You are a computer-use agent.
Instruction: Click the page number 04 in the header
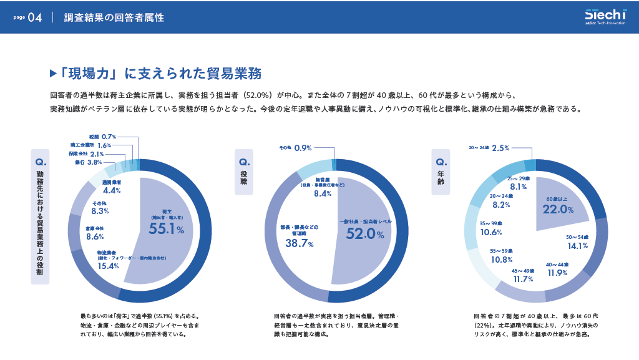[35, 18]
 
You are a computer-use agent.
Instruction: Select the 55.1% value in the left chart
[166, 230]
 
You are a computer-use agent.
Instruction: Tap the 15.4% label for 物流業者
[108, 266]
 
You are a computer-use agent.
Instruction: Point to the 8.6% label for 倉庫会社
[95, 237]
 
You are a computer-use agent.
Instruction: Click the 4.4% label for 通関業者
[112, 190]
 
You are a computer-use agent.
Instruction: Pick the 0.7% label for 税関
[109, 136]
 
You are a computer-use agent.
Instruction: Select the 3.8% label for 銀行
[95, 162]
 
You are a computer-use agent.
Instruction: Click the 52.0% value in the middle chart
[362, 234]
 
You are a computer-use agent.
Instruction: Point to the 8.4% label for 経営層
[323, 194]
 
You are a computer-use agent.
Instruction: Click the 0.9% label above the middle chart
[303, 148]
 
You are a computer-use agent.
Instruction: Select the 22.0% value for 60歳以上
[558, 210]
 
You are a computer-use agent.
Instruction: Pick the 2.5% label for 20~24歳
[500, 148]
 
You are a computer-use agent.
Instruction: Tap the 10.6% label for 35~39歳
[491, 232]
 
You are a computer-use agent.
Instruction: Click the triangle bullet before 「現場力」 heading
[53, 74]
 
